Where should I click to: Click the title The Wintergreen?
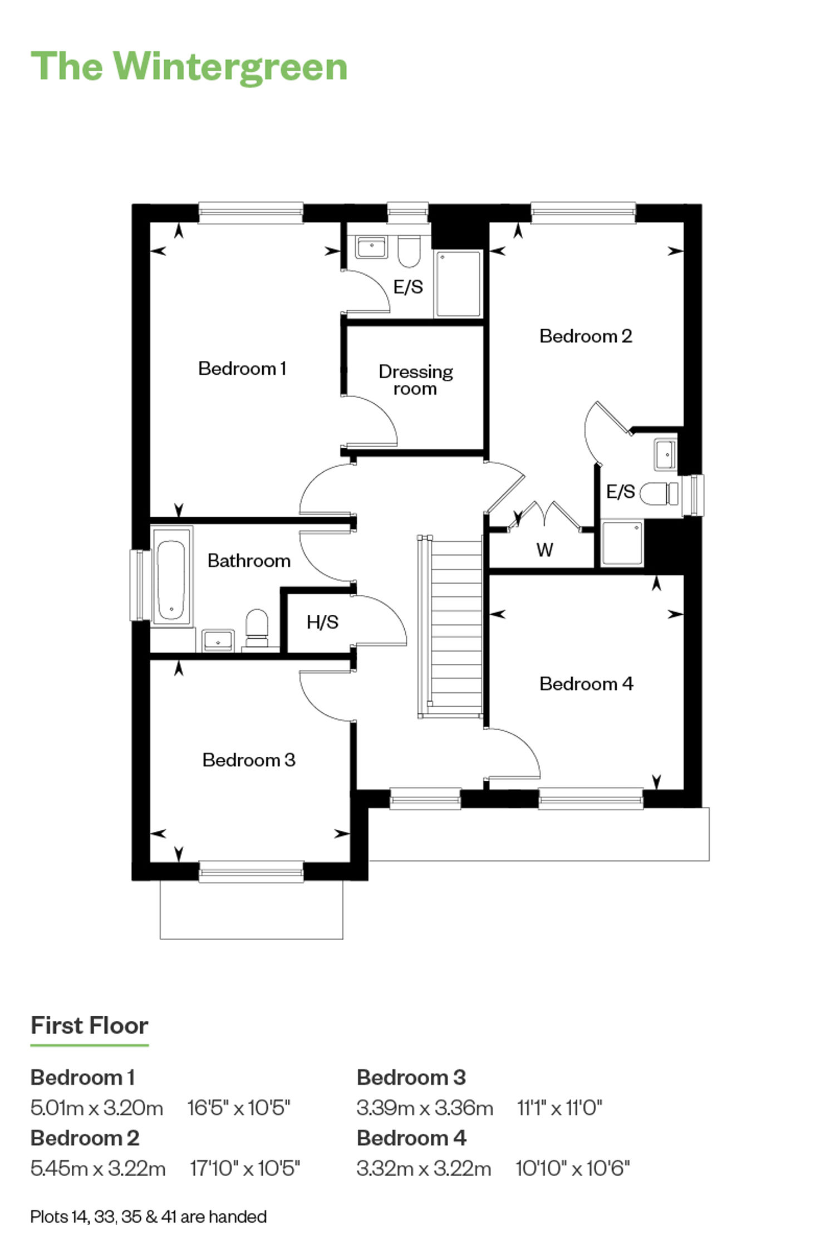tap(189, 67)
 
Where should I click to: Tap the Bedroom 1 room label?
tap(242, 368)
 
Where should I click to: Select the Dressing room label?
tap(415, 379)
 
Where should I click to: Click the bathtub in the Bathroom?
tap(171, 576)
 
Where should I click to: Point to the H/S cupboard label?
tap(322, 621)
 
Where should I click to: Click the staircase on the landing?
tap(450, 626)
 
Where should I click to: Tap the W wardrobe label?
tap(544, 550)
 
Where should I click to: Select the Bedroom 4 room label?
tap(586, 683)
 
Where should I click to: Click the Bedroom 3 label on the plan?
tap(248, 760)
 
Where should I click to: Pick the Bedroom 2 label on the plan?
tap(586, 336)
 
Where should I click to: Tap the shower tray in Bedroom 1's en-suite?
tap(458, 284)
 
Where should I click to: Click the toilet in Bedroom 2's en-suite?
tap(659, 493)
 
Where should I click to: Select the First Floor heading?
tap(90, 1025)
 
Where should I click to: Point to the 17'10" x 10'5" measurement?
tap(245, 1168)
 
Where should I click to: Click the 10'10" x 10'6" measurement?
tap(573, 1168)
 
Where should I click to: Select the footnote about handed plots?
tap(149, 1216)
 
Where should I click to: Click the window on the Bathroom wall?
tap(140, 585)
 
